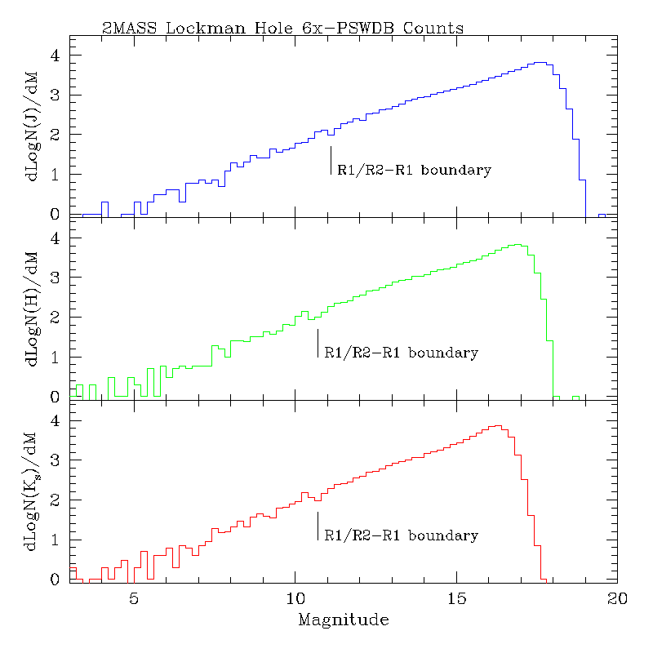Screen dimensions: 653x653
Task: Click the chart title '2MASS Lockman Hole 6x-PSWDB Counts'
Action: (x=282, y=28)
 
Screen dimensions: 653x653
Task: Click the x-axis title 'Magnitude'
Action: (x=344, y=620)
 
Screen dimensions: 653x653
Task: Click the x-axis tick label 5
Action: (x=134, y=598)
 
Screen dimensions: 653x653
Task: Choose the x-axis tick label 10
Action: (x=295, y=598)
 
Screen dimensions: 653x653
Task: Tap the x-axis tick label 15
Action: (x=455, y=598)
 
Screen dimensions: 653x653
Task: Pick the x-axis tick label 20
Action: (x=617, y=598)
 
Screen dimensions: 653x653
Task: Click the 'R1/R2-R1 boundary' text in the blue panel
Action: (x=414, y=171)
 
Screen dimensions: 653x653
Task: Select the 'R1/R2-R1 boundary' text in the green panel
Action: (x=401, y=353)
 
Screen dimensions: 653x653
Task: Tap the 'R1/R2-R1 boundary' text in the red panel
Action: (x=401, y=536)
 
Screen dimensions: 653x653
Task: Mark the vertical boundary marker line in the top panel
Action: (x=331, y=160)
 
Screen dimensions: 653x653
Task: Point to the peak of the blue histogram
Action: (x=538, y=62)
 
